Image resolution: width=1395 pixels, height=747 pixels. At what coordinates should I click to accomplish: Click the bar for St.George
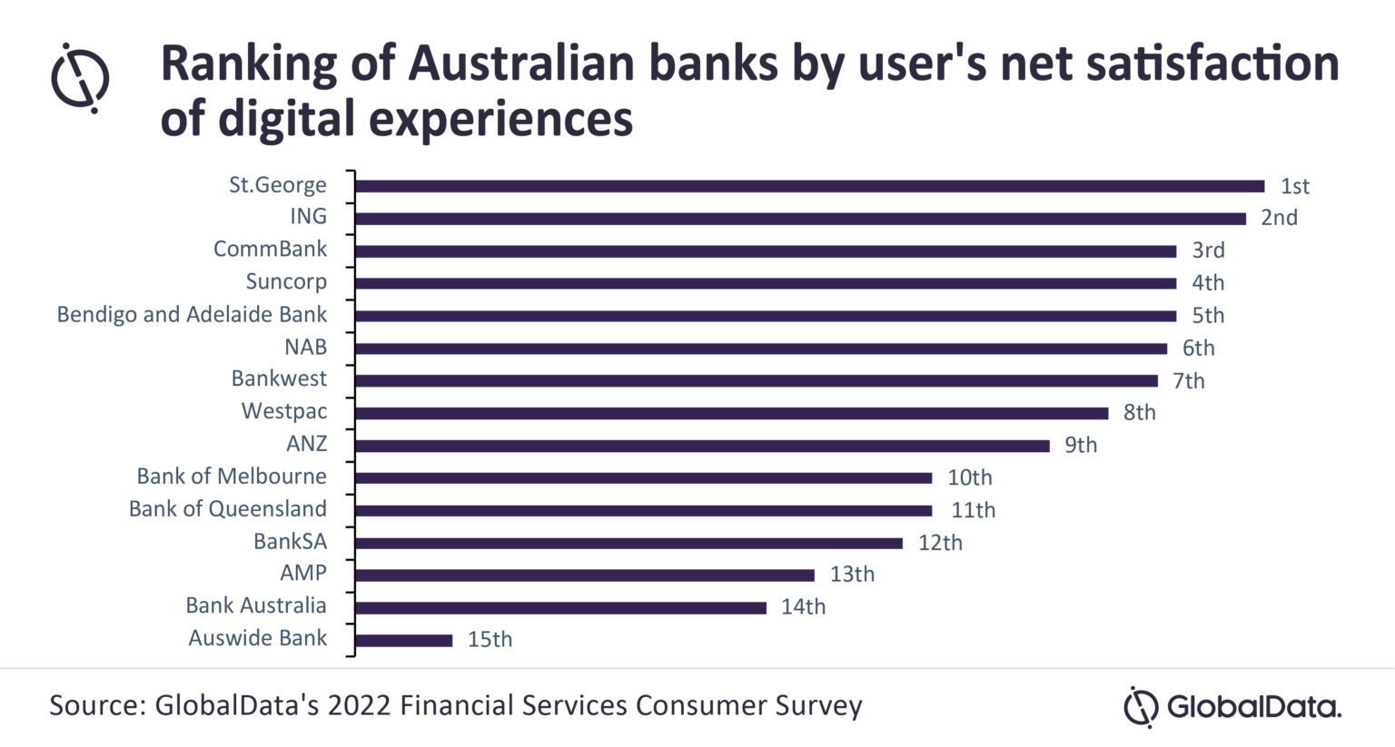point(808,186)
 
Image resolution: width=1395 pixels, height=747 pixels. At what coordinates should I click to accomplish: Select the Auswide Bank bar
point(403,640)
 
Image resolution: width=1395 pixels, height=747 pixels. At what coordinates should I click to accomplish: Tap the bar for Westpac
point(731,413)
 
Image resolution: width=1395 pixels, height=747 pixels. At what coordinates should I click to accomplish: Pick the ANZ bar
point(702,446)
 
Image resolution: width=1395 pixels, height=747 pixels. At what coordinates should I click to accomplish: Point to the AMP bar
point(584,575)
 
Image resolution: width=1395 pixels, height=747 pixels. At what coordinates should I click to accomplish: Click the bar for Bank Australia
point(560,607)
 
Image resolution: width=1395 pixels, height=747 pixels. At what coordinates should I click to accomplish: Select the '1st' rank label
point(1294,186)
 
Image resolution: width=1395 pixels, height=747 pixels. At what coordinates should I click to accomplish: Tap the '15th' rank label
point(490,640)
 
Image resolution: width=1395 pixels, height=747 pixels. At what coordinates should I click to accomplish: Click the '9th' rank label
point(1081,446)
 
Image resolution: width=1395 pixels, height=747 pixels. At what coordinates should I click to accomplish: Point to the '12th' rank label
point(940,543)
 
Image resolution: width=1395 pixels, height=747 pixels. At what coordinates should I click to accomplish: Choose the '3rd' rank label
point(1208,251)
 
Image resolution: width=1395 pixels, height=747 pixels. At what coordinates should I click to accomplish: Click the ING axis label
point(308,217)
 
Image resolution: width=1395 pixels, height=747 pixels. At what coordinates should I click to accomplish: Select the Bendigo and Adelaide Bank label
point(192,315)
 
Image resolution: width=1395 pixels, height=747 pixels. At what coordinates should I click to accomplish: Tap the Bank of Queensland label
point(227,509)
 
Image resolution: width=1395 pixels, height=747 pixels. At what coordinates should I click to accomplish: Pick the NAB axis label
point(305,348)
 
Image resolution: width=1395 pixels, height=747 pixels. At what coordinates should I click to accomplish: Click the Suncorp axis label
point(286,282)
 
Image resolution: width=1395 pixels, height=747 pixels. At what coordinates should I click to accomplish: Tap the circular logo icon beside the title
point(80,78)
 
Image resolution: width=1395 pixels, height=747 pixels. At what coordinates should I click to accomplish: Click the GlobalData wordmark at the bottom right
point(1253,707)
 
